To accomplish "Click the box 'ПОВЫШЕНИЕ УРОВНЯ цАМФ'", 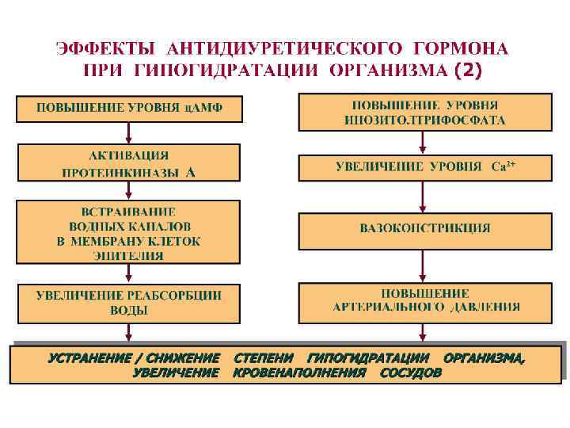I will tap(129, 109).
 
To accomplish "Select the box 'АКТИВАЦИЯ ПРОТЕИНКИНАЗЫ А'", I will tap(129, 162).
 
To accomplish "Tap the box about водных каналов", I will tap(129, 231).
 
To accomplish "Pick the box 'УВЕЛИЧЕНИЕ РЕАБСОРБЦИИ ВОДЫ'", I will tap(129, 302).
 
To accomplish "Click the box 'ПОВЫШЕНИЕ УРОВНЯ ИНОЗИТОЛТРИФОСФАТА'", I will tap(425, 113).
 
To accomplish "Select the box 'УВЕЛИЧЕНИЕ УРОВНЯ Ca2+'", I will tap(425, 167).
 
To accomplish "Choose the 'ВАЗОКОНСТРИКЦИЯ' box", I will tap(425, 230).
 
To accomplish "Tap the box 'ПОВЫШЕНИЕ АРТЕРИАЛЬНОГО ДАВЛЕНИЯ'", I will tap(425, 300).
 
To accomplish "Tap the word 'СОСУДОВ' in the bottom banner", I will tap(410, 373).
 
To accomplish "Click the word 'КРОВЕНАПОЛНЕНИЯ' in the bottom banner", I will tap(299, 373).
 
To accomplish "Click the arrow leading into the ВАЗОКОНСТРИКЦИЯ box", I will tap(424, 197).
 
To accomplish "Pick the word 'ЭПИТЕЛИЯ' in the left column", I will tap(128, 256).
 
